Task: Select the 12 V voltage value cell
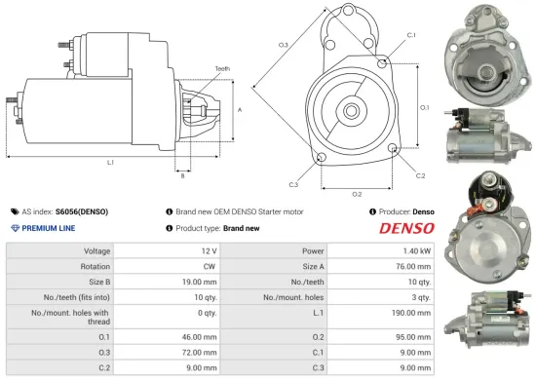(208, 250)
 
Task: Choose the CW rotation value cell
(208, 266)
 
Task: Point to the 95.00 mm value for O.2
(413, 336)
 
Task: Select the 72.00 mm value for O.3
(201, 352)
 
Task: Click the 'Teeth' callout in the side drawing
(223, 68)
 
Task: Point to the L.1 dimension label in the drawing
(110, 162)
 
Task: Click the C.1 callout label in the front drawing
(411, 35)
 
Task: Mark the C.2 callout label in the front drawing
(420, 175)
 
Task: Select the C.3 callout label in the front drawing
(293, 183)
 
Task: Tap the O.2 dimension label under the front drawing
(357, 193)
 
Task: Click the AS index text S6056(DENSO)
(82, 210)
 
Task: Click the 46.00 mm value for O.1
(201, 336)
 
